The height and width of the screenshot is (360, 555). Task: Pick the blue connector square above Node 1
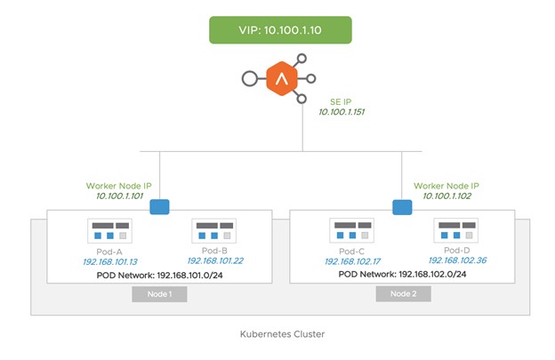160,207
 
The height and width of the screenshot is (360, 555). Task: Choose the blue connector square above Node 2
402,207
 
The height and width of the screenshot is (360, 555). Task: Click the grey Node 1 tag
159,294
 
